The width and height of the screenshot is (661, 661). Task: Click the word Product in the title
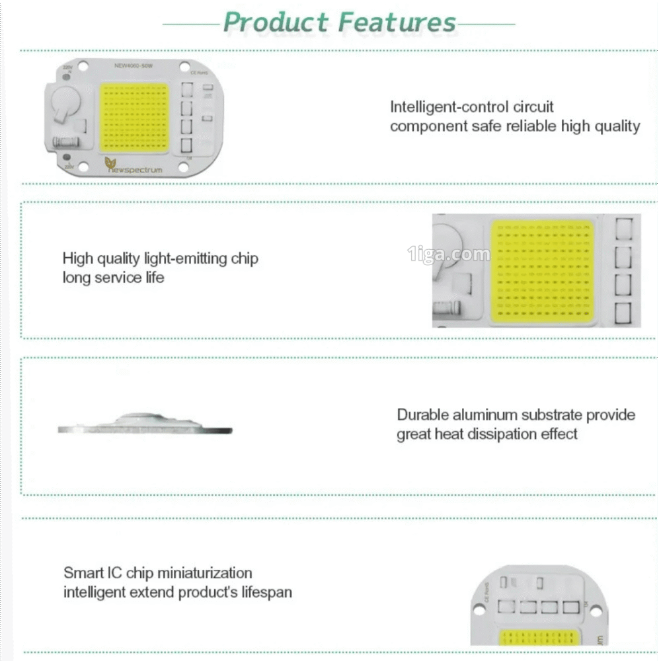point(277,22)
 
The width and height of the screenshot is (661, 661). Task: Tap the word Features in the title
point(397,22)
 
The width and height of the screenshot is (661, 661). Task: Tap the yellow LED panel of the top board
point(135,117)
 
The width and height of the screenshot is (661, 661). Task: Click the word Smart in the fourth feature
point(83,573)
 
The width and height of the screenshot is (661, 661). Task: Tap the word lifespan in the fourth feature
point(265,592)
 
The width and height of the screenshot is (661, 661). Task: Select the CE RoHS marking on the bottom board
point(486,586)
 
